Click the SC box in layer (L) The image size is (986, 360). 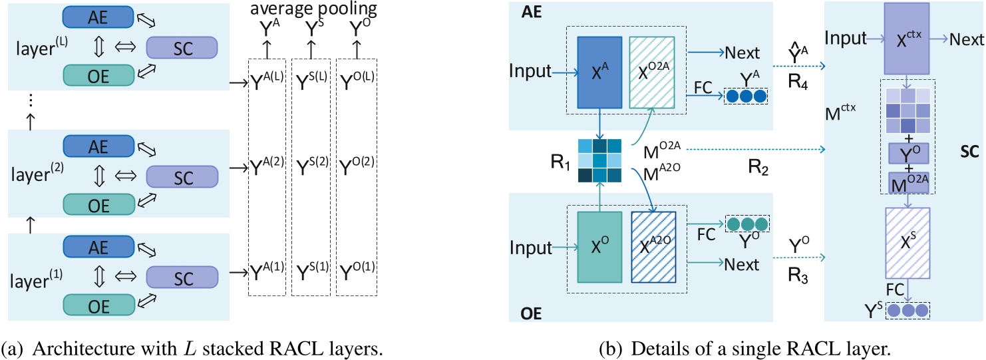pos(181,48)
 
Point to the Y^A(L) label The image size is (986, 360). pos(265,77)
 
